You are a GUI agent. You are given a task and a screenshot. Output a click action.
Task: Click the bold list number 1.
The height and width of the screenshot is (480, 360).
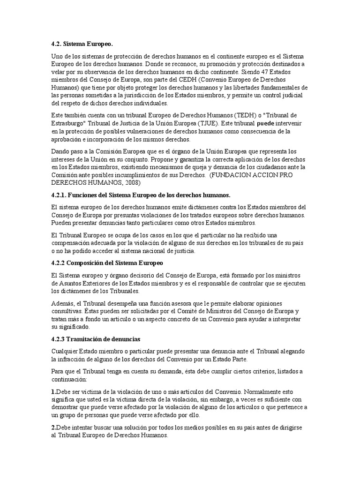(x=53, y=391)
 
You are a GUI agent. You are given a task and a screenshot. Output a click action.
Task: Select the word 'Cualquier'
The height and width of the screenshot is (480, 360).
(x=66, y=351)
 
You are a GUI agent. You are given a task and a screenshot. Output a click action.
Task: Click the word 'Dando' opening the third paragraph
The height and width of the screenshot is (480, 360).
(x=60, y=151)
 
